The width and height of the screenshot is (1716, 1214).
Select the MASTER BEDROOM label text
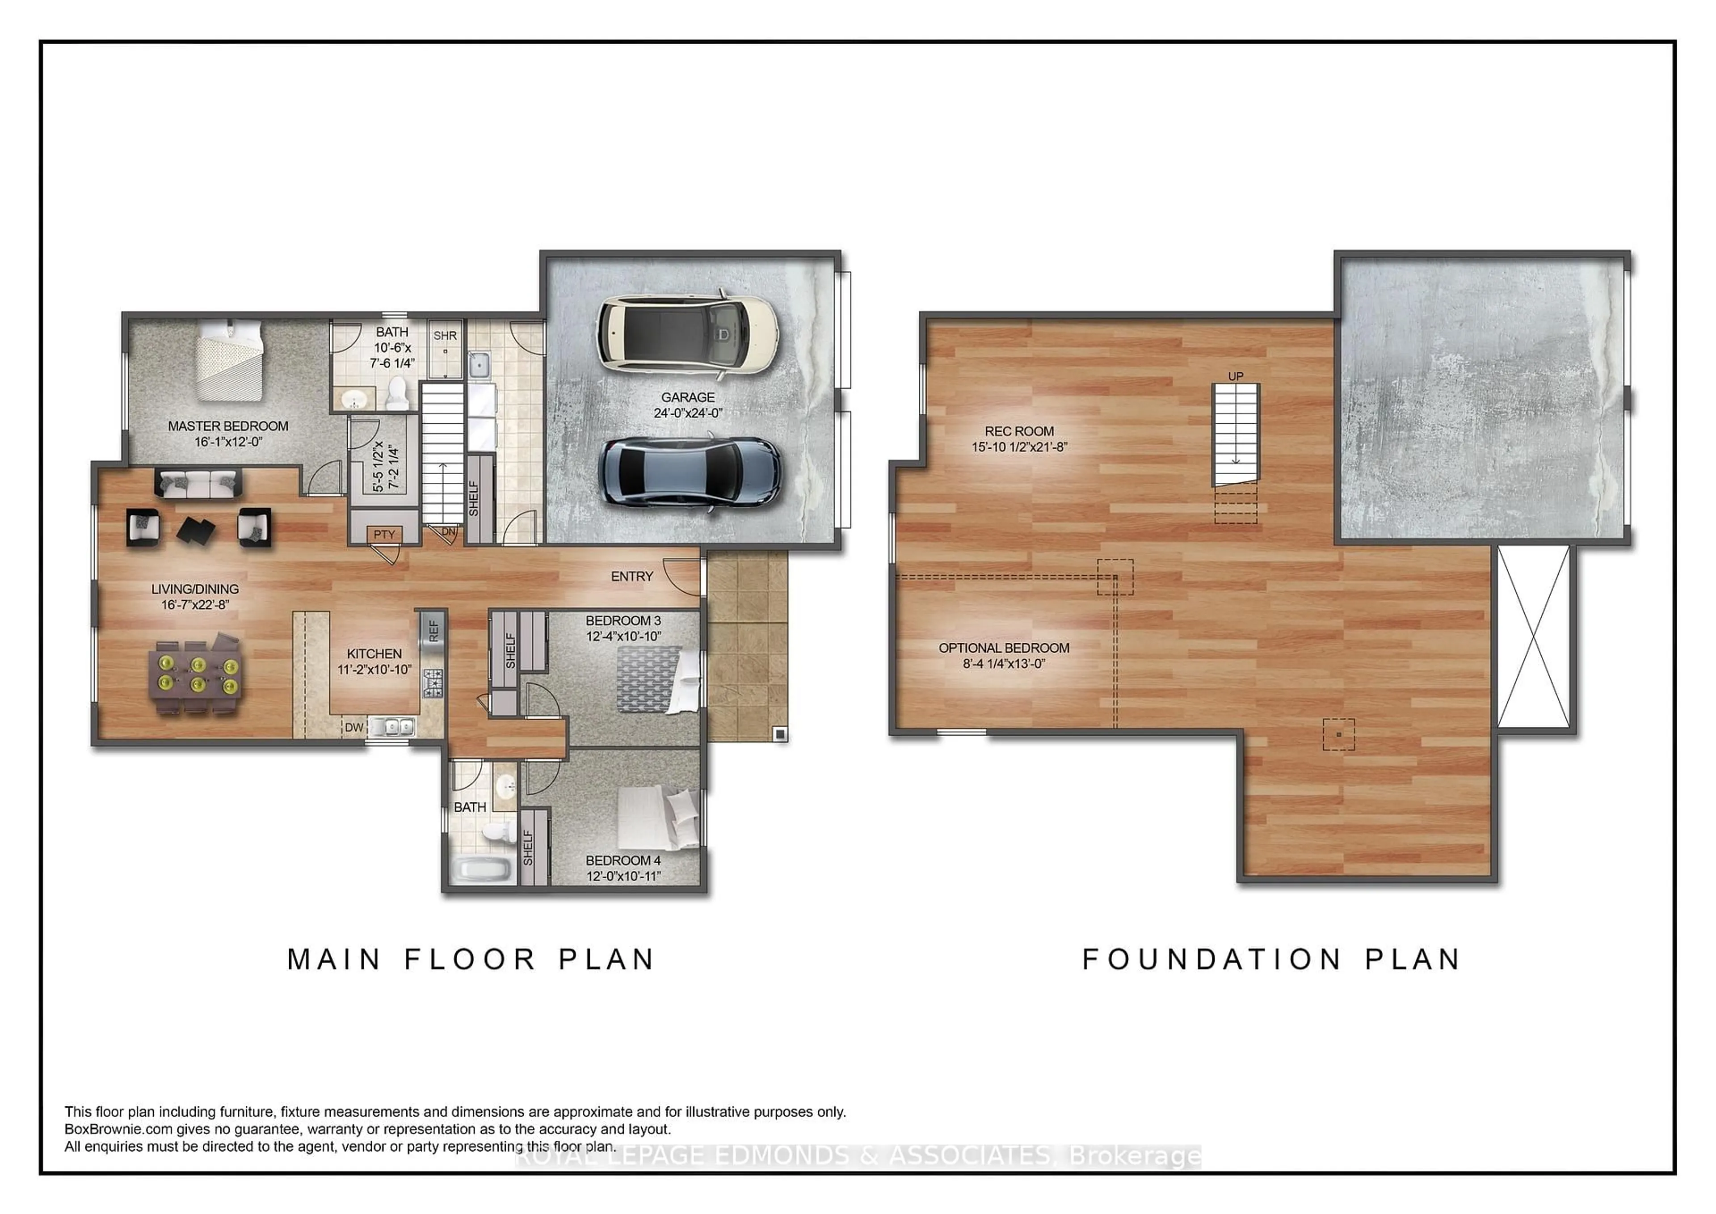coord(228,426)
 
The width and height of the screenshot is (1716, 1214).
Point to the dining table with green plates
coord(196,674)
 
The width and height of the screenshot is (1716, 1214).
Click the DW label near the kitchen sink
coord(353,727)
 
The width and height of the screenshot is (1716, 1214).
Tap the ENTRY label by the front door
coord(631,576)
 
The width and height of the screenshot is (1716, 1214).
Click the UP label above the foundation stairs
coord(1236,376)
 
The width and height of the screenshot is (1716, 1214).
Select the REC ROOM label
coord(1019,431)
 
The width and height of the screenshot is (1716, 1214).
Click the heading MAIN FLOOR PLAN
coord(471,959)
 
